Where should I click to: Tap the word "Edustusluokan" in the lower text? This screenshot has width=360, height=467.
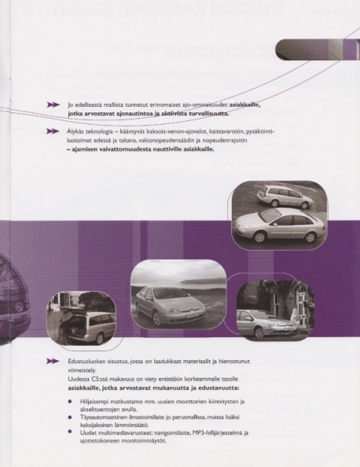coord(83,362)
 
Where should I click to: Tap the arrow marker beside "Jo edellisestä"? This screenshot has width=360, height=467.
coord(53,105)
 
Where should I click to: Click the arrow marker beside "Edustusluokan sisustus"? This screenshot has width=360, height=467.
coord(53,362)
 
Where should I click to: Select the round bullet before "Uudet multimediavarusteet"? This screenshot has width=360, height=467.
coord(70,432)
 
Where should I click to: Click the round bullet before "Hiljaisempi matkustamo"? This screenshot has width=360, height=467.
coord(70,401)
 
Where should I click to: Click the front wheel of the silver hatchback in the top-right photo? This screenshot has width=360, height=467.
coord(259,237)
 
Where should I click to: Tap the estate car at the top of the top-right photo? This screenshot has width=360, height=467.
coord(284,196)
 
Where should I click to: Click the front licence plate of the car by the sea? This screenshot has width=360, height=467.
coord(192,314)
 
